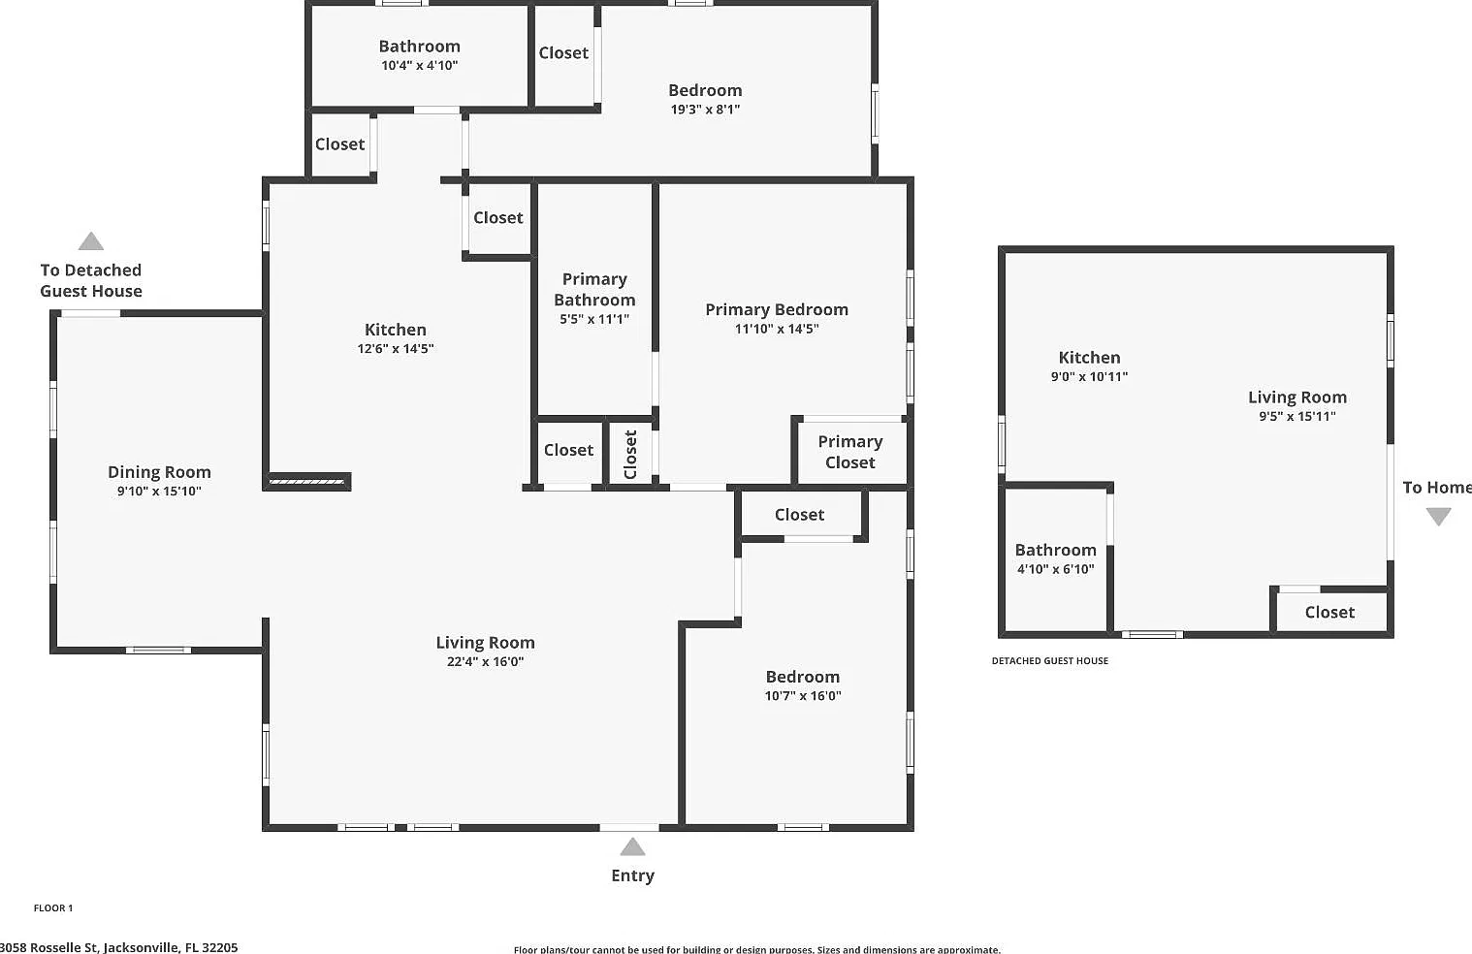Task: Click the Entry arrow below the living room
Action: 632,846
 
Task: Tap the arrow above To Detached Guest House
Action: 91,241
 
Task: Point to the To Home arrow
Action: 1438,517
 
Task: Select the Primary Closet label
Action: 849,452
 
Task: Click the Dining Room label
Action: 159,472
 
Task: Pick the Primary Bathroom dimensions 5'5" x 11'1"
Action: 594,319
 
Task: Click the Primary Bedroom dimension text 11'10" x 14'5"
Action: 776,329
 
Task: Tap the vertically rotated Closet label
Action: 630,455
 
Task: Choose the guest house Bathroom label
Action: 1055,550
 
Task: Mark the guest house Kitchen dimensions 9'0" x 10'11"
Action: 1089,376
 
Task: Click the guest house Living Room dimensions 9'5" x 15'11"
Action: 1297,416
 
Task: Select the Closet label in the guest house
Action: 1329,613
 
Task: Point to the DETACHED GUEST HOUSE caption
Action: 1049,661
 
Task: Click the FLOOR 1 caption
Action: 53,908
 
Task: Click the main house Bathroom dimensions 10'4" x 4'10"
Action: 419,65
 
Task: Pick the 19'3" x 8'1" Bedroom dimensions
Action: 705,109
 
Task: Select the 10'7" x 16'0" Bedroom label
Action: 802,677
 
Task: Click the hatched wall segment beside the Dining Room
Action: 306,482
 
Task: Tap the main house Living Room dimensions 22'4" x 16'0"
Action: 485,661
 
